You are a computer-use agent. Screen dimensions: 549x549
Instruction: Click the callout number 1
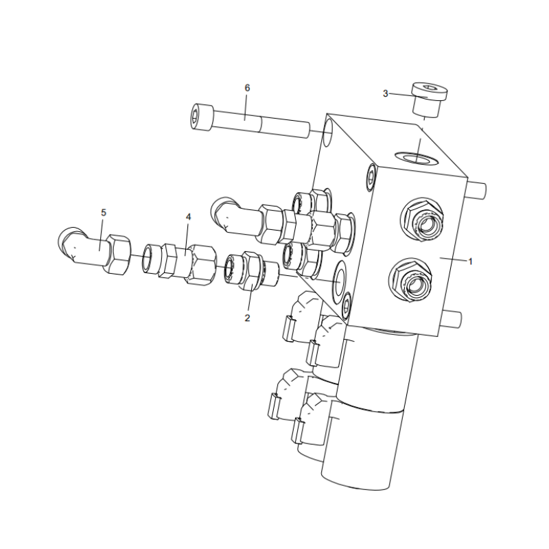(471, 261)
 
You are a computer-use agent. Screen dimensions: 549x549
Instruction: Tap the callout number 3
(386, 93)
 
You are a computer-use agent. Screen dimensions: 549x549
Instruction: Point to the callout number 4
(188, 216)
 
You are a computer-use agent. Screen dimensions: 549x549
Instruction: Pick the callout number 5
(104, 213)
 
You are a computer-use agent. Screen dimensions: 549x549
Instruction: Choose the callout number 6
(248, 88)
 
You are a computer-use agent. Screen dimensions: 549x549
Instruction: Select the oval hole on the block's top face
(419, 159)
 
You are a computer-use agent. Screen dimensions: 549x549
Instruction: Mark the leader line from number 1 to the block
(453, 259)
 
